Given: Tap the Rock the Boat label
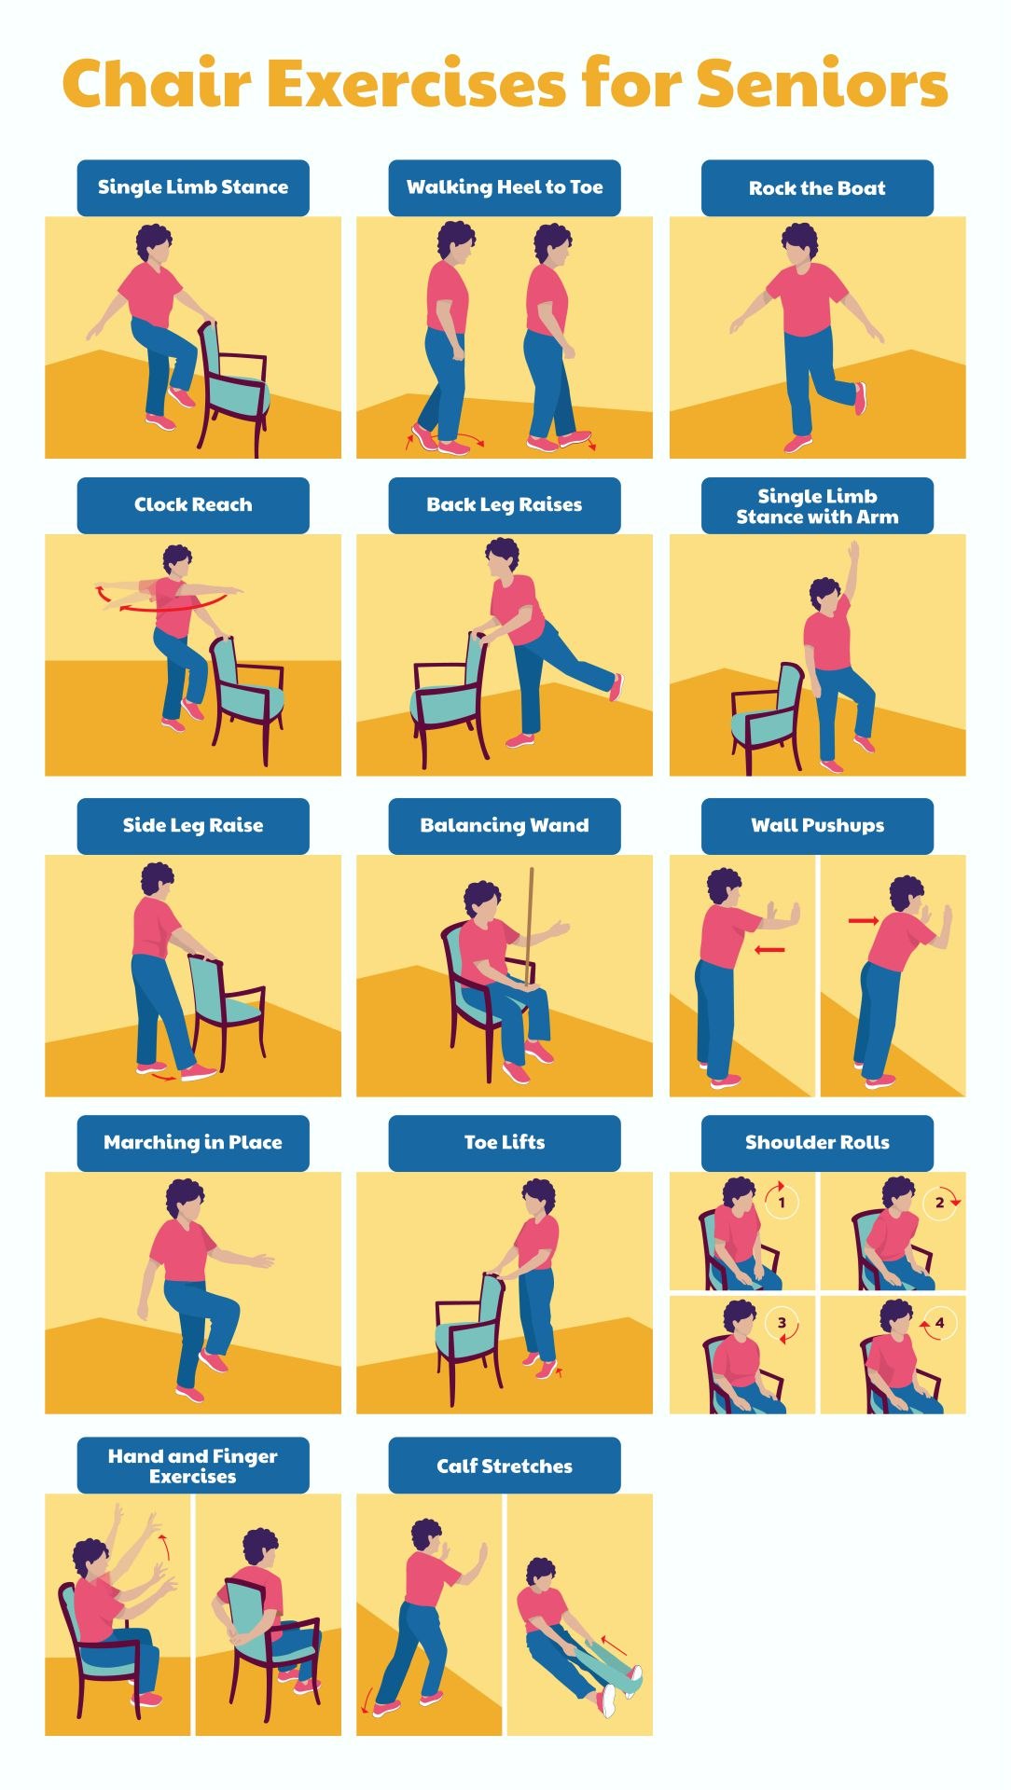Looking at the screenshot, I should pyautogui.click(x=817, y=188).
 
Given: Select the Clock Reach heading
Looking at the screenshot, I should pyautogui.click(x=193, y=505).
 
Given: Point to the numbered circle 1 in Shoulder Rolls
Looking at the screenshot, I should pyautogui.click(x=782, y=1203).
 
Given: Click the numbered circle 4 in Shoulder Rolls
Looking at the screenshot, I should pyautogui.click(x=939, y=1323).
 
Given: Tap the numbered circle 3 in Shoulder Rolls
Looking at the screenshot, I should pyautogui.click(x=782, y=1323).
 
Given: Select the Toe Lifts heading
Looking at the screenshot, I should pyautogui.click(x=505, y=1143).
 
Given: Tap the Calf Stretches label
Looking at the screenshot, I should pyautogui.click(x=505, y=1466).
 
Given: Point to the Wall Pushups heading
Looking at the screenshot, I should pyautogui.click(x=817, y=826).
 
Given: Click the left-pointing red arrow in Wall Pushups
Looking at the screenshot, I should pyautogui.click(x=769, y=950).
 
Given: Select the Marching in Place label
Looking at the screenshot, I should pyautogui.click(x=193, y=1143).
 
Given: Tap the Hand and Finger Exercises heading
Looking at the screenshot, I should pyautogui.click(x=193, y=1466).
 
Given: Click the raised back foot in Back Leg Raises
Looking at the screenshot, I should pyautogui.click(x=616, y=687).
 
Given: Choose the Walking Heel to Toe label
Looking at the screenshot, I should pyautogui.click(x=505, y=187).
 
